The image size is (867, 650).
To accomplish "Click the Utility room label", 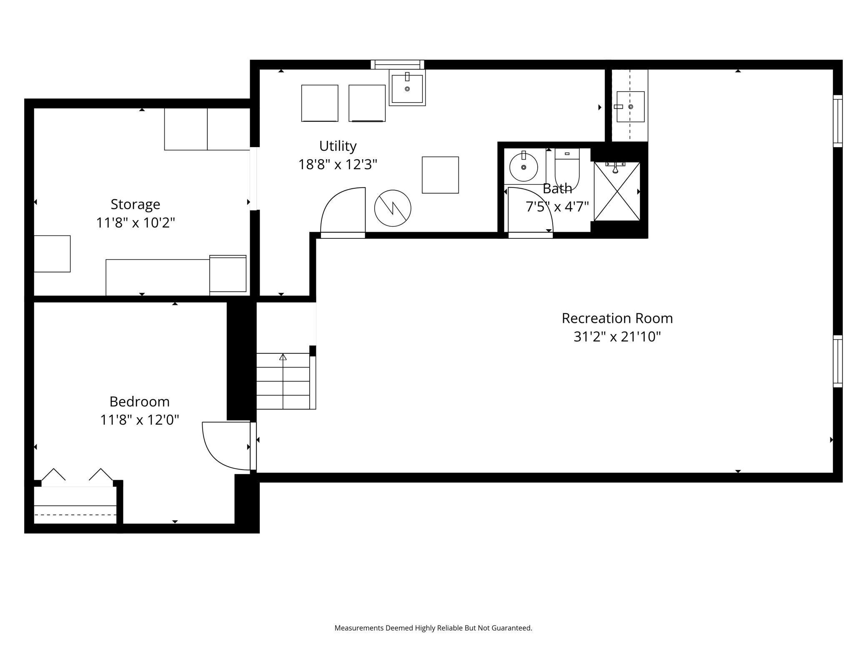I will (x=338, y=146).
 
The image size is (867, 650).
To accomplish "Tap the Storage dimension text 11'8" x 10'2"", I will (x=135, y=223).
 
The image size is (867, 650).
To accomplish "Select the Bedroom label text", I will (x=139, y=402).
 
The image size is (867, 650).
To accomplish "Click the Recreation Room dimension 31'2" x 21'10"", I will (x=617, y=337).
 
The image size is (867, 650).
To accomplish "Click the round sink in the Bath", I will (x=524, y=167).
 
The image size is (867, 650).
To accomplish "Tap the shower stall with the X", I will (x=616, y=192).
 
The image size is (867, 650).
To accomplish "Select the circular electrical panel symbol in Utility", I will (x=393, y=208).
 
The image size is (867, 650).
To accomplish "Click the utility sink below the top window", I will (x=407, y=88).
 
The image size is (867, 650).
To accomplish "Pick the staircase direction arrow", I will (x=283, y=357).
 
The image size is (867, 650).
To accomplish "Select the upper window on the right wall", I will (x=837, y=121).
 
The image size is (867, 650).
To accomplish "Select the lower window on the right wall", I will (x=837, y=361).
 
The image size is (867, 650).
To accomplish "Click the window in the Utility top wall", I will (x=397, y=65).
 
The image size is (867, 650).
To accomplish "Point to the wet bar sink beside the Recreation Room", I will (x=630, y=107).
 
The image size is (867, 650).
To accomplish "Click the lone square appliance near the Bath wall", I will (x=440, y=175).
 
